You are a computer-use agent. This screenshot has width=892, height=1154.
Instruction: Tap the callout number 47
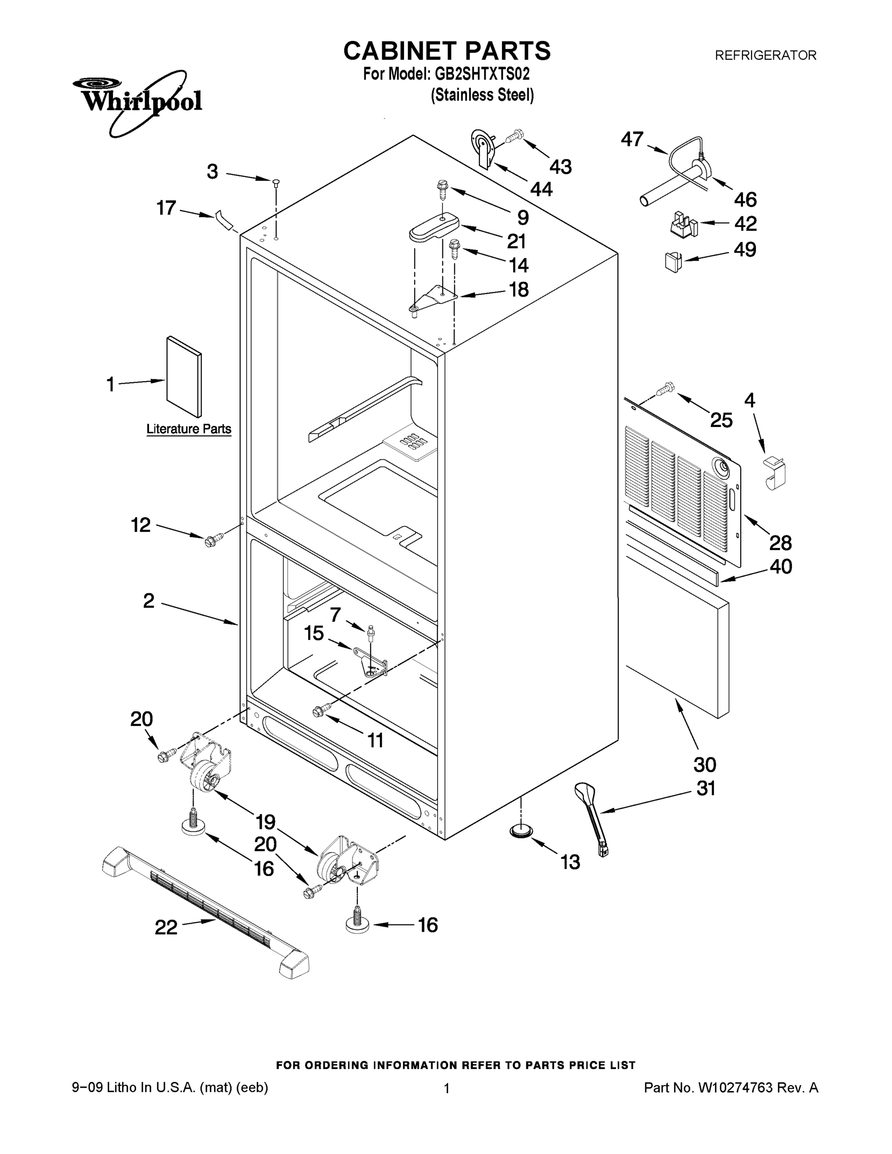(632, 139)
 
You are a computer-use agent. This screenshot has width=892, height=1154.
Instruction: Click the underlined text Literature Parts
(188, 429)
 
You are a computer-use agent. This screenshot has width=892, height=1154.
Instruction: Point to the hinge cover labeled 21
(434, 228)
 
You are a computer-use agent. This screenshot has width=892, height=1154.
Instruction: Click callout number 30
(704, 765)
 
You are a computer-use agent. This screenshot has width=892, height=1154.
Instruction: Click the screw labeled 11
(321, 710)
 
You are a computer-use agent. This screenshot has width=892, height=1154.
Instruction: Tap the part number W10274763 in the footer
(735, 1088)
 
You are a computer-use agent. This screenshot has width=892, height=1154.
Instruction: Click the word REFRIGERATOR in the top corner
(765, 55)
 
